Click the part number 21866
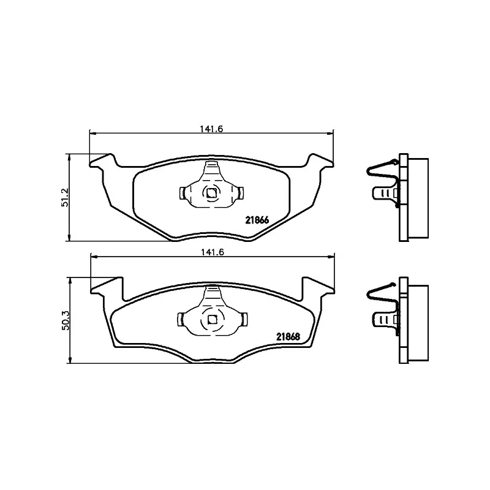coord(257,221)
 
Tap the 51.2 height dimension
coord(64,197)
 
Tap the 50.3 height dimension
coord(64,320)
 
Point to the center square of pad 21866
coord(211,193)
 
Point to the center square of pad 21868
coord(211,319)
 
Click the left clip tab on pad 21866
coord(183,194)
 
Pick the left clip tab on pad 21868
coord(182,319)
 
